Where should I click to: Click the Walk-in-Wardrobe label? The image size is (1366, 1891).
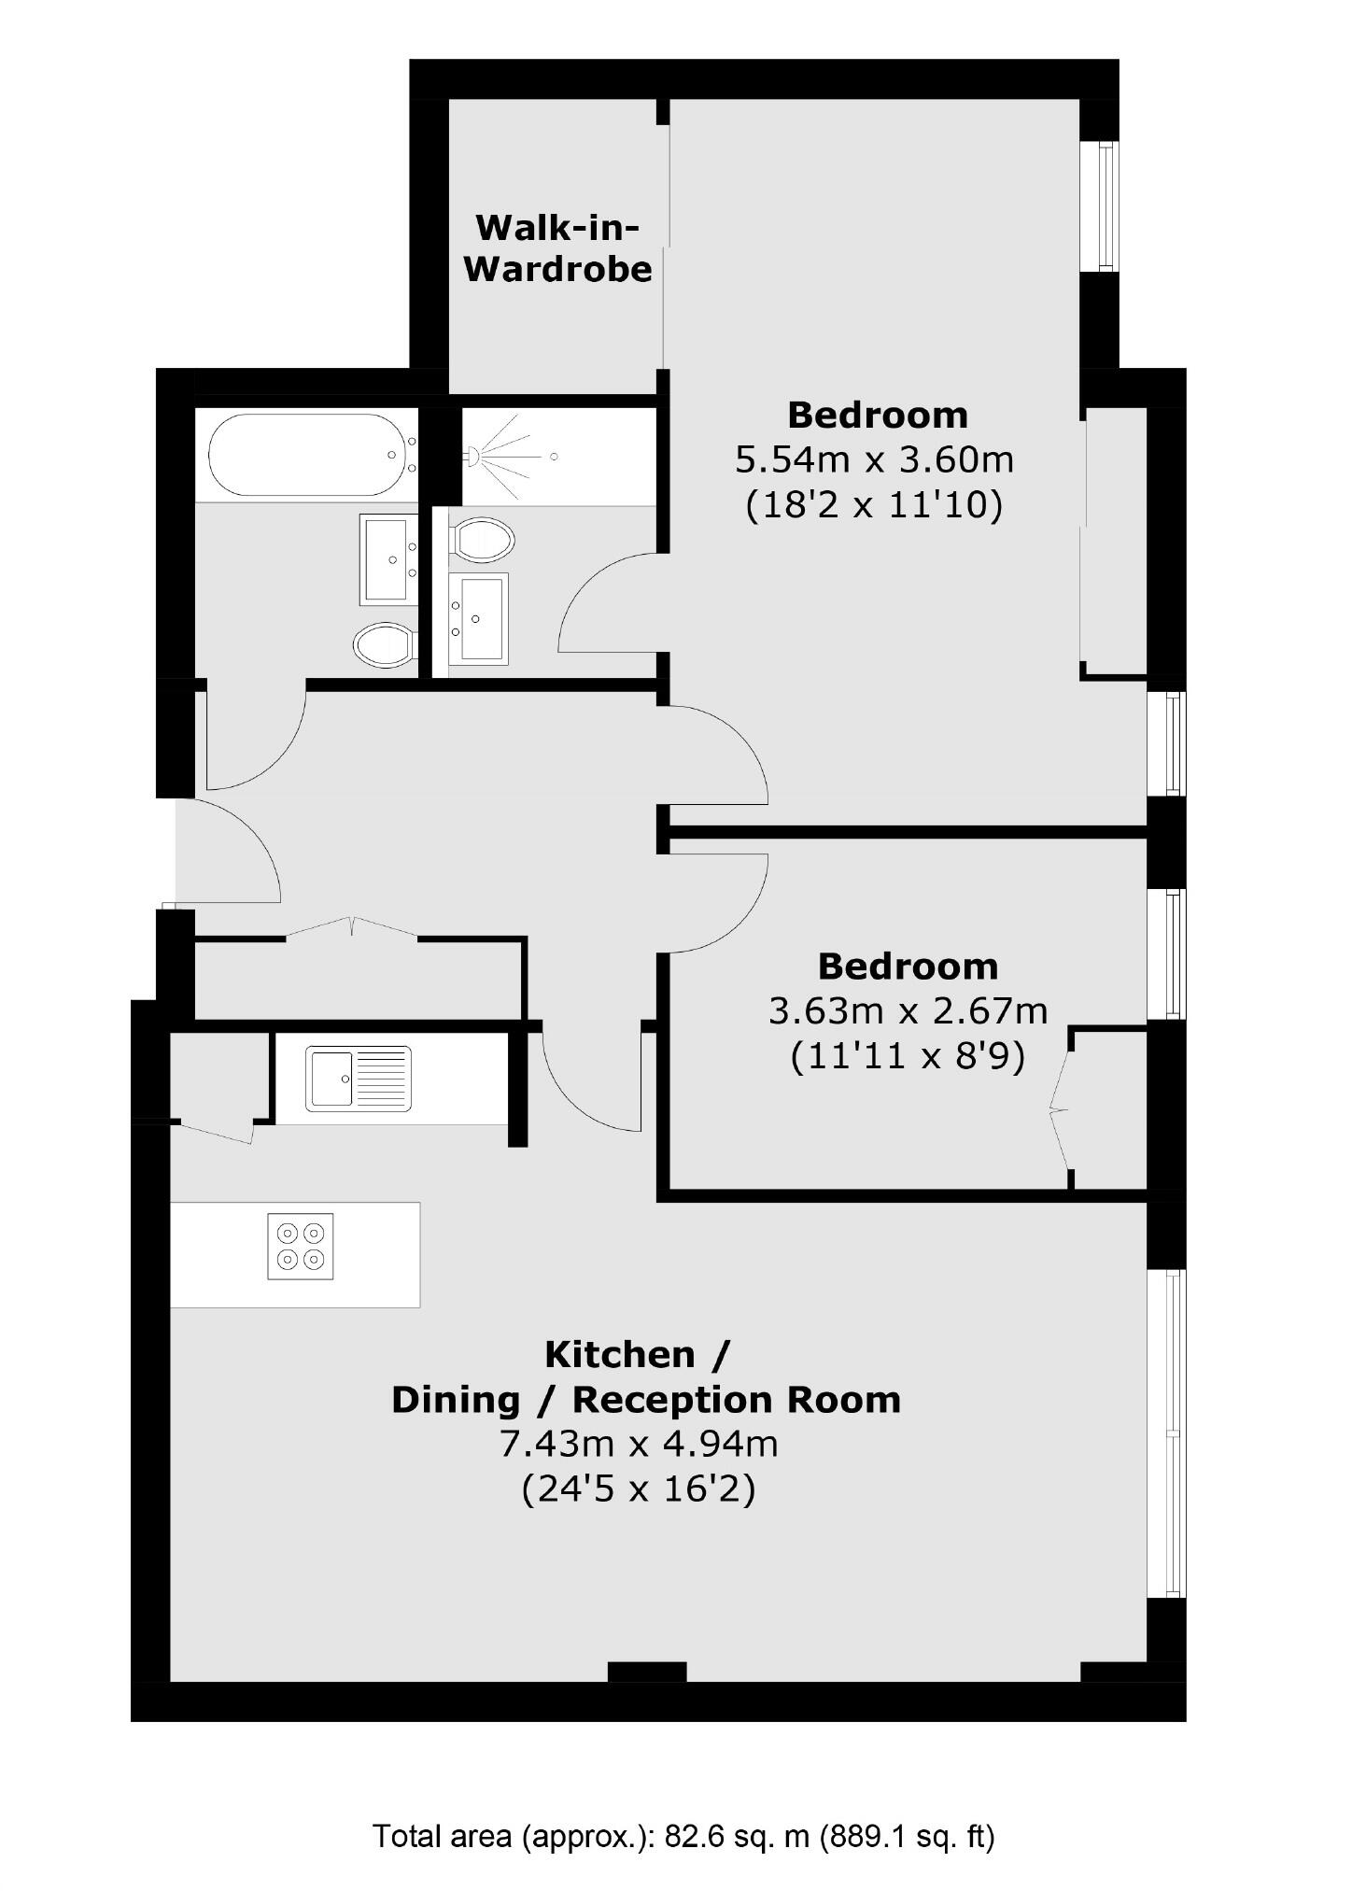click(x=557, y=248)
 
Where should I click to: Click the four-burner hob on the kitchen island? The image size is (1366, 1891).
click(x=300, y=1246)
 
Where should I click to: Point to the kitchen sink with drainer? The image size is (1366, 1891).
click(x=359, y=1078)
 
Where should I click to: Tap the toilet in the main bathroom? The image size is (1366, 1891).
click(x=384, y=644)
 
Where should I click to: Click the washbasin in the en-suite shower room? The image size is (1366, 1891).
click(x=478, y=618)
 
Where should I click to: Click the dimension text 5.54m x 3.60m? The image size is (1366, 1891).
click(x=875, y=459)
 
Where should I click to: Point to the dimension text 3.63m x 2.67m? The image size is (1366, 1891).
click(x=908, y=1010)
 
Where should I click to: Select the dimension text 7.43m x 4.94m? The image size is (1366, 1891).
click(x=639, y=1444)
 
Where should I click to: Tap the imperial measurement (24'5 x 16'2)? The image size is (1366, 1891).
click(x=639, y=1489)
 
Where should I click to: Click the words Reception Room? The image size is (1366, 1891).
click(x=736, y=1399)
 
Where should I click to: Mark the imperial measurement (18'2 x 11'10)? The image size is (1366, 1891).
click(x=875, y=505)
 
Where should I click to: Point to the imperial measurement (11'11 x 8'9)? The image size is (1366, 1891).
click(x=908, y=1056)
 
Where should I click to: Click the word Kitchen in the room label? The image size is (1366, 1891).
click(x=620, y=1354)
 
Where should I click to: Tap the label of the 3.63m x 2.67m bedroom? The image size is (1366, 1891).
click(x=908, y=966)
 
